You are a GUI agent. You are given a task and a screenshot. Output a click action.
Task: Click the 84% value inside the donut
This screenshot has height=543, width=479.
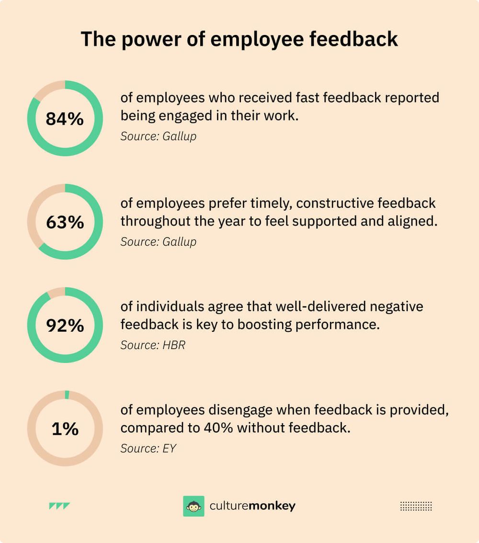click(65, 119)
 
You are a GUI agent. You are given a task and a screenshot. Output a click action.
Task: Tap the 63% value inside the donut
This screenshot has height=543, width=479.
click(65, 222)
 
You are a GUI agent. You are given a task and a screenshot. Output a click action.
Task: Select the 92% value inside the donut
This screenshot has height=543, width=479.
click(65, 326)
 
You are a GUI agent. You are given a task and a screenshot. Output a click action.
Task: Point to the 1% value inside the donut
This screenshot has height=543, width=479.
click(65, 429)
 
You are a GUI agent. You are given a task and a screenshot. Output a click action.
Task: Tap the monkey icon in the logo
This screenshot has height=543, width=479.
click(194, 506)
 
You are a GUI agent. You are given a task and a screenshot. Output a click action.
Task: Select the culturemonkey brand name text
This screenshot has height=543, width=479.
click(252, 506)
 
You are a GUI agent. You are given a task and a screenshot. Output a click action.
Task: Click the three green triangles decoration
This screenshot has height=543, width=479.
click(59, 506)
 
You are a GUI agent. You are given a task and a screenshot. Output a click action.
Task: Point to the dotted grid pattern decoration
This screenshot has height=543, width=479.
click(416, 506)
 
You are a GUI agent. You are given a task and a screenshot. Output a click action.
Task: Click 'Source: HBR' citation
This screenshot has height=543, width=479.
click(152, 345)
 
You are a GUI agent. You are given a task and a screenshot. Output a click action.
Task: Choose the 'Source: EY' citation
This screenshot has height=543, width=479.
click(148, 449)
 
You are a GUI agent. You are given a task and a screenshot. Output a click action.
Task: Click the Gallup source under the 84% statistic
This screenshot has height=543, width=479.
click(158, 136)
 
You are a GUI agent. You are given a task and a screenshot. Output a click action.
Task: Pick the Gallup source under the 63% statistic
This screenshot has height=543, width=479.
click(158, 242)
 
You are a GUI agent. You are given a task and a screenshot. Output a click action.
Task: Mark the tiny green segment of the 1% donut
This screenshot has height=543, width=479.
click(67, 395)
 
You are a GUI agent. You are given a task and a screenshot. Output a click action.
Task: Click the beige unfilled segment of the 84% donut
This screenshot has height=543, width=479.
click(46, 90)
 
